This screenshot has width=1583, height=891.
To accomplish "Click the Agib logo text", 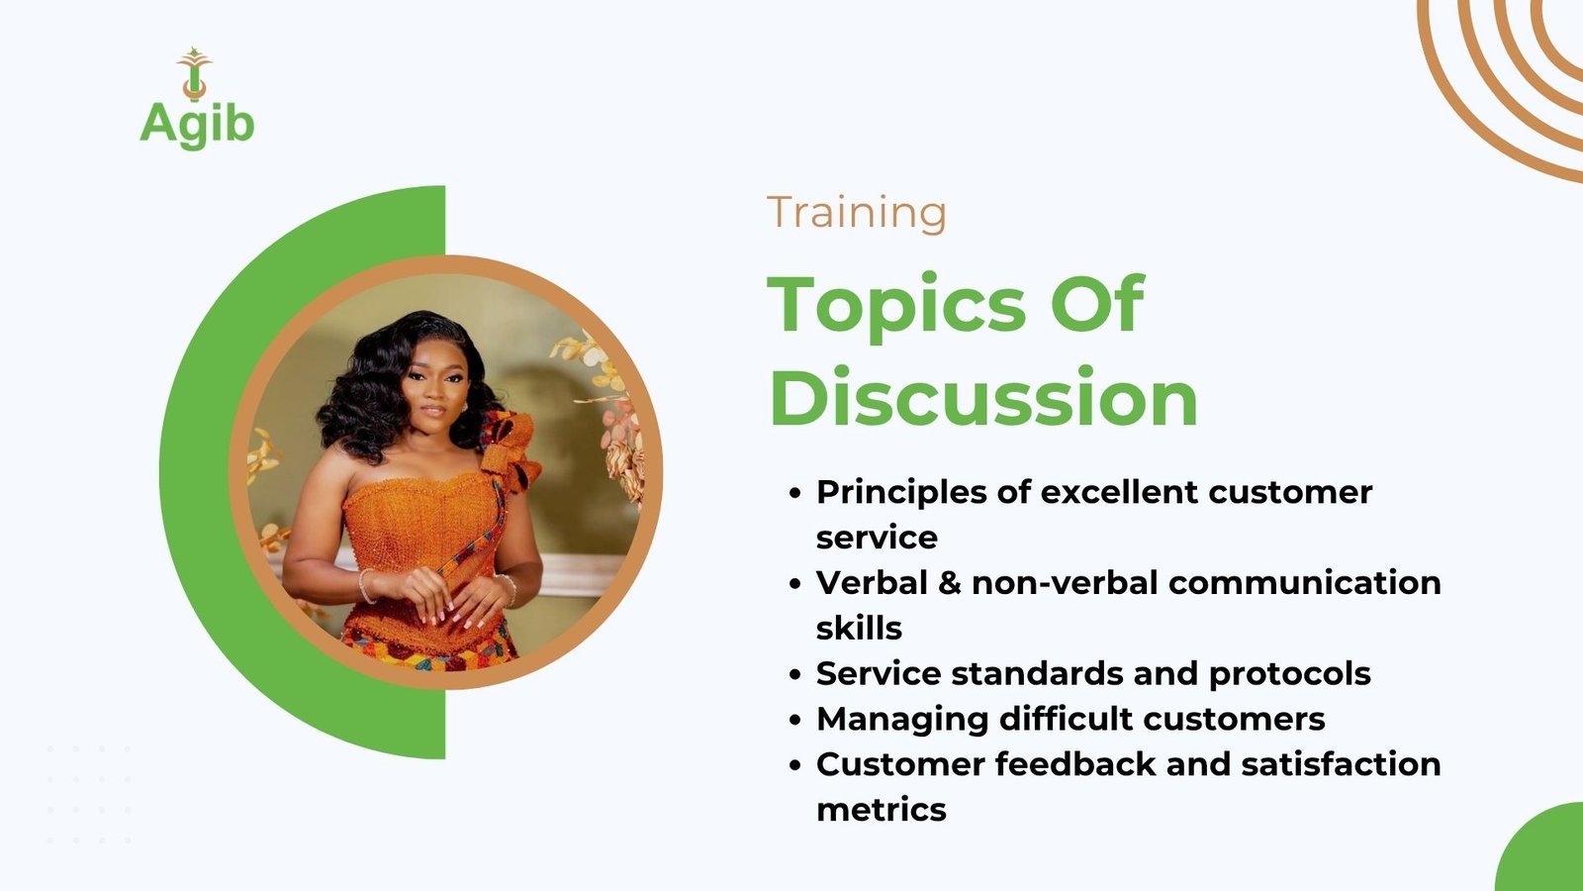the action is [197, 126].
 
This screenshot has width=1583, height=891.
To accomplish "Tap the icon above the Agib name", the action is [194, 73].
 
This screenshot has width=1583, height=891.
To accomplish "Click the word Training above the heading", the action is [857, 212].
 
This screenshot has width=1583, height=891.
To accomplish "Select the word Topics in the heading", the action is [896, 305].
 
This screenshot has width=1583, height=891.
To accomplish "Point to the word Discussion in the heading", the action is [983, 397].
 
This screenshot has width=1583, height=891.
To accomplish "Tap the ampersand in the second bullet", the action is [949, 583].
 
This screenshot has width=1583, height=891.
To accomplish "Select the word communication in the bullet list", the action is [1305, 583].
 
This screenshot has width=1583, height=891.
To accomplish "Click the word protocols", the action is [1290, 674].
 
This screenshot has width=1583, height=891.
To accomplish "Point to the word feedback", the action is [1074, 763].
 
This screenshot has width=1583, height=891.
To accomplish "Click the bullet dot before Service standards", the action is [795, 675].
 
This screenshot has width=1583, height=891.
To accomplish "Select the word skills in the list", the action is [859, 628].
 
